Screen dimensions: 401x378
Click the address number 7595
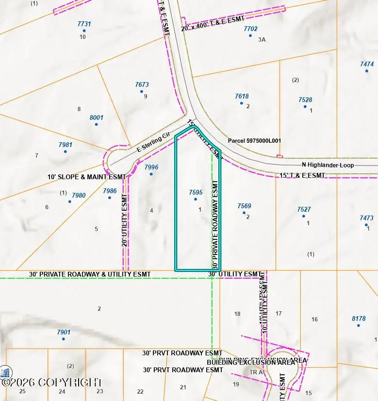pos(196,192)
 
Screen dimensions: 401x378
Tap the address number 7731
pos(84,24)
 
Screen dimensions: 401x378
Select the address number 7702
pos(250,29)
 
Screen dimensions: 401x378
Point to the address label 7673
pos(142,84)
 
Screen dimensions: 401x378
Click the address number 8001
pos(97,117)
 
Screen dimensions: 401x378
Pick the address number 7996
pos(151,167)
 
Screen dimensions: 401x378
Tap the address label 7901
pos(64,332)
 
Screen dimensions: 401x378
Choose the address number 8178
pos(359,318)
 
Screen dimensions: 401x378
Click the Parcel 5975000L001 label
pos(254,141)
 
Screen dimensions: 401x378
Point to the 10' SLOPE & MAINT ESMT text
pos(86,177)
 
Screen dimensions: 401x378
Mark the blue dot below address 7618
pos(241,103)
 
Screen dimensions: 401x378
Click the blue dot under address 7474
pos(367,71)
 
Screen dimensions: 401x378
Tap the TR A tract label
pos(256,372)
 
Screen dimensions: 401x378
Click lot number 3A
pos(262,39)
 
